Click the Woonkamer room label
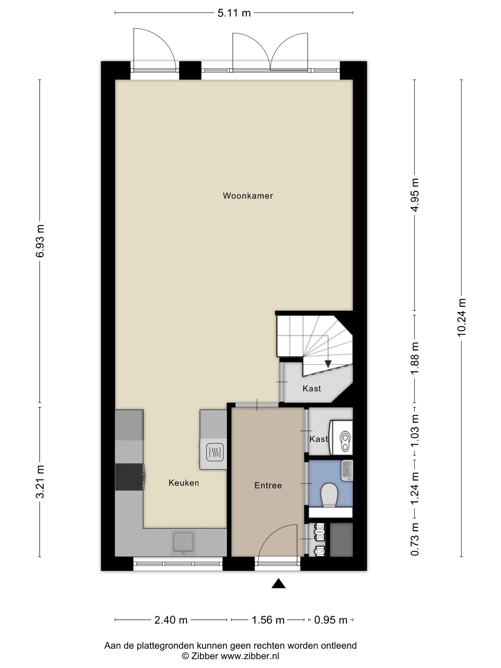pos(248,196)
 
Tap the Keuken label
pos(184,483)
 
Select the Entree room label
pos(268,485)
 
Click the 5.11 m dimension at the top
pos(234,13)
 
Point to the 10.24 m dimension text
pos(461,317)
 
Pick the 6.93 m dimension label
pos(40,241)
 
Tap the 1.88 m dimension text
pos(415,358)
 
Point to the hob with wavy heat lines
pos(215,452)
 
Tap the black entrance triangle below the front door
pos(278,584)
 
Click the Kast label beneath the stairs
pos(312,388)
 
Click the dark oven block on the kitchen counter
pos(129,477)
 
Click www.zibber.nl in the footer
pos(250,656)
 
